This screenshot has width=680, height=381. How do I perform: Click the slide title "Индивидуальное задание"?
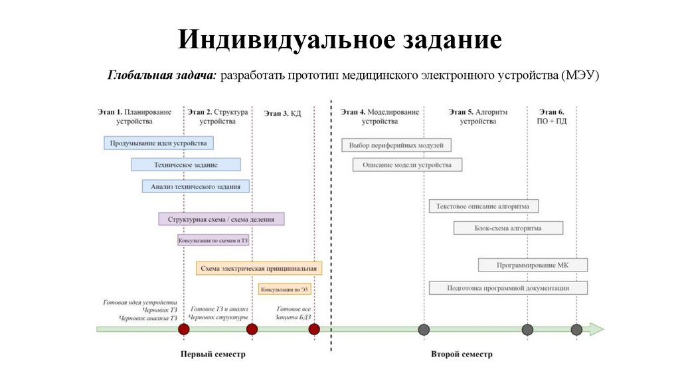click(339, 40)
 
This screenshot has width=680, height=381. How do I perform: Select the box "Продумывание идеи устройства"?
click(159, 143)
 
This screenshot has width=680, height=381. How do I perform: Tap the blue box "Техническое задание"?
click(185, 165)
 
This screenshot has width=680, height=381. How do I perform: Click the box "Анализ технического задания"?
click(196, 187)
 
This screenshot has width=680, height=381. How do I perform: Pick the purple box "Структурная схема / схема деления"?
click(221, 218)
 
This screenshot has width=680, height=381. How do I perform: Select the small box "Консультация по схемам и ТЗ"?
click(213, 240)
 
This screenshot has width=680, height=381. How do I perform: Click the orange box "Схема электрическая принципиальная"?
click(259, 268)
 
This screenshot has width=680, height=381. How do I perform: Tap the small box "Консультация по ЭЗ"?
click(285, 289)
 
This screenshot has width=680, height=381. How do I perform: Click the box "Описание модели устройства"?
click(407, 165)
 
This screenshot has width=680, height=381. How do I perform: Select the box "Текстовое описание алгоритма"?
click(483, 206)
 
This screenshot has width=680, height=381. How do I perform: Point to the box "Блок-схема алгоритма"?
click(508, 228)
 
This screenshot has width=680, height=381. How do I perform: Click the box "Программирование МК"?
click(533, 266)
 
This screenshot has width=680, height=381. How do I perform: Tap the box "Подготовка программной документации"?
click(508, 288)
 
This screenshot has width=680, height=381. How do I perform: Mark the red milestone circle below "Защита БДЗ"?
click(314, 329)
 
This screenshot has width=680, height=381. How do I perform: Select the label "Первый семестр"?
click(213, 354)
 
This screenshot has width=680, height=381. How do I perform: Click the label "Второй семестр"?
click(462, 354)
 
